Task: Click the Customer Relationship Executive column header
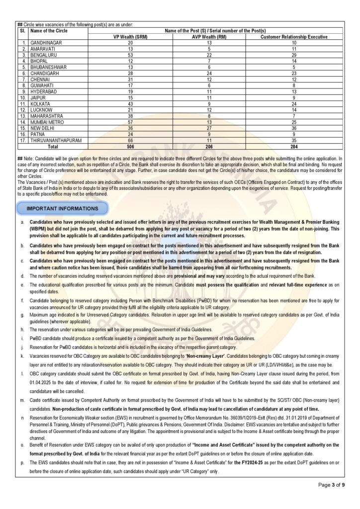point(294,37)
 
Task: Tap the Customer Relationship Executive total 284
point(294,148)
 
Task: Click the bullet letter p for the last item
point(23,462)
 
